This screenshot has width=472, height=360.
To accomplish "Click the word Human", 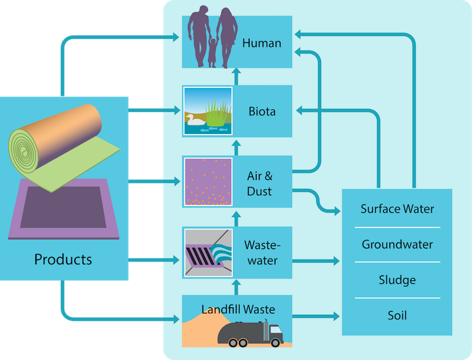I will coord(261,43).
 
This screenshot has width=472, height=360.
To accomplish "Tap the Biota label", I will coord(262,111).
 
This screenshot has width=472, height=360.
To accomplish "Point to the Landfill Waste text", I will coord(238,309).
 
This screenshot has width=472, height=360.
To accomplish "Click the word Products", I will coord(63,259).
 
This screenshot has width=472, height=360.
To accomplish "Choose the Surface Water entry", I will coord(397,209).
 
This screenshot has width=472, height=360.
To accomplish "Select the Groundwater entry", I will coord(397,244).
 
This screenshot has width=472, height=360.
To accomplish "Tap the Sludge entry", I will coord(397,280).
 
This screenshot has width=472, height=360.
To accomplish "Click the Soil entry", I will coord(397,315).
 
